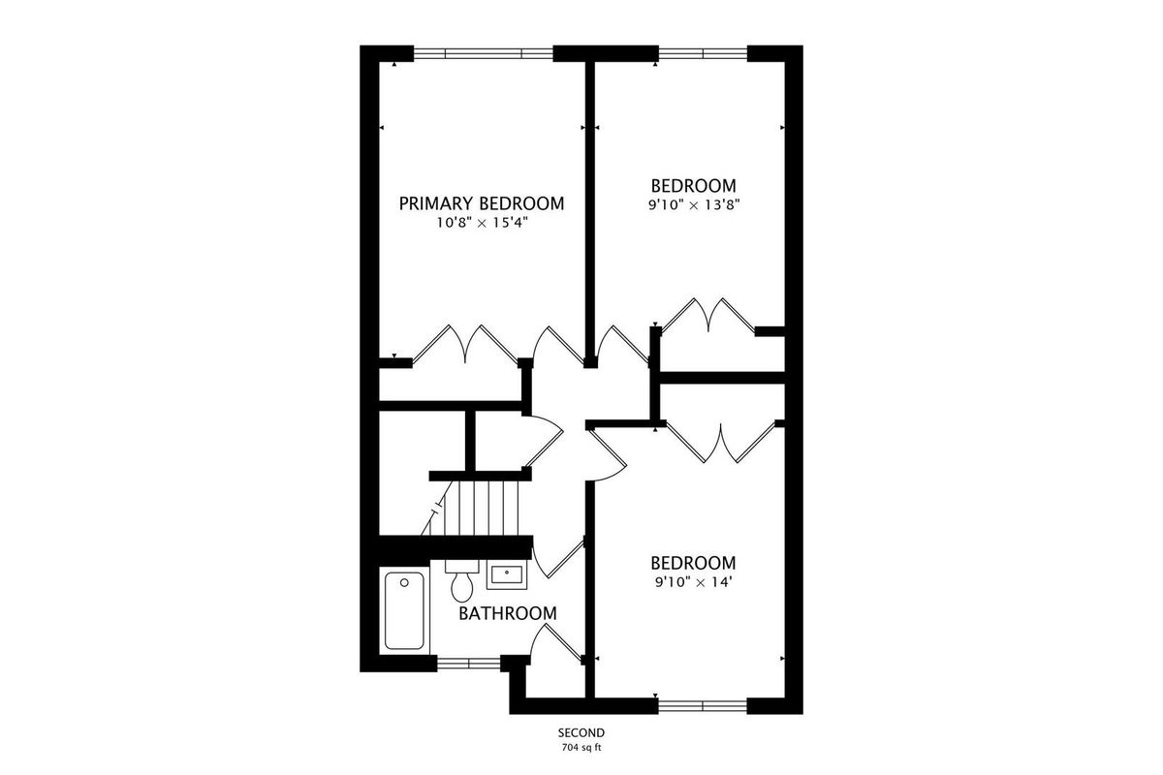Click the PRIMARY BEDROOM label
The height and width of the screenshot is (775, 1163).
(482, 203)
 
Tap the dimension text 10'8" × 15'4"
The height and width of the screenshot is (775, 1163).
(482, 223)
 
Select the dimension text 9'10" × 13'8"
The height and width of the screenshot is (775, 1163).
(694, 204)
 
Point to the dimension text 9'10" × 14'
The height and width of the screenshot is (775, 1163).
(694, 582)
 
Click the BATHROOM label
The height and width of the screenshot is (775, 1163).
(507, 613)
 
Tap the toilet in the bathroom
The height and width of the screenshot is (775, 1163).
(461, 581)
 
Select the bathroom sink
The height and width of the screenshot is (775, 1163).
(507, 574)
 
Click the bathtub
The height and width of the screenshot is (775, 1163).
(404, 610)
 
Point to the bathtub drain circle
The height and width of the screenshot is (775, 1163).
(404, 583)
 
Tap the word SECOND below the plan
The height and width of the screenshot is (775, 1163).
(581, 733)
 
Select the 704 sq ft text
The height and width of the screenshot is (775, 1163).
(581, 748)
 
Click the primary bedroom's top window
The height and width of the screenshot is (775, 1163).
(483, 53)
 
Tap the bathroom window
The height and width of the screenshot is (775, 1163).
(468, 664)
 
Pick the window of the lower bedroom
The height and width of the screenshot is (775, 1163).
(703, 706)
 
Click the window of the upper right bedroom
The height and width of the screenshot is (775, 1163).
(703, 53)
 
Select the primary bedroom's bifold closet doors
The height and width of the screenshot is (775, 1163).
(465, 344)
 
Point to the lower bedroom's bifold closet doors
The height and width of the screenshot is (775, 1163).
(721, 443)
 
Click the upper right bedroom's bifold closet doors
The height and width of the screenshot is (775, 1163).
(708, 315)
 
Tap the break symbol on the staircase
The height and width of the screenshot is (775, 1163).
(437, 508)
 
